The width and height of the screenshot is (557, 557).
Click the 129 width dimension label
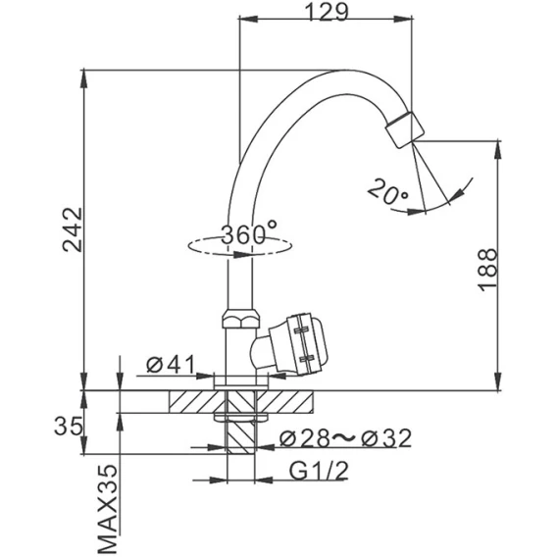coord(328,12)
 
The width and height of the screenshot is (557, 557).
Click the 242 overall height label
coord(73,229)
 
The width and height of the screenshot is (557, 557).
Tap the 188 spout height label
coord(487,269)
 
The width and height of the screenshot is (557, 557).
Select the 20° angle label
coord(387,192)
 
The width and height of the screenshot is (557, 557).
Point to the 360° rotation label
coord(248,232)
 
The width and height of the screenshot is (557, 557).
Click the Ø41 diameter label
coord(172,364)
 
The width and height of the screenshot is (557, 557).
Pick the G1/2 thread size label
coord(319,471)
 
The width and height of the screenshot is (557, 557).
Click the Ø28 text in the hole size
coord(304,438)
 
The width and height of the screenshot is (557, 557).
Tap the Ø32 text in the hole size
coord(386,438)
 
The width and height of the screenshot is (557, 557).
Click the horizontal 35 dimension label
coord(70,427)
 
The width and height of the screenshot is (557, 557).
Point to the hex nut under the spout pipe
coord(241,319)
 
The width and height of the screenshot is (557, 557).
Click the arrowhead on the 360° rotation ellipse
coord(242,254)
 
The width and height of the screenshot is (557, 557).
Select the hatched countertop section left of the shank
coord(197,402)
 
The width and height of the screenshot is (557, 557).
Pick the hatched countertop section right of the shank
coord(284,402)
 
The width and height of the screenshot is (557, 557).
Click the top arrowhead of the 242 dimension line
coord(83,78)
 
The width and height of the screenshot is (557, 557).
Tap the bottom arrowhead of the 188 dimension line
coord(499,381)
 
